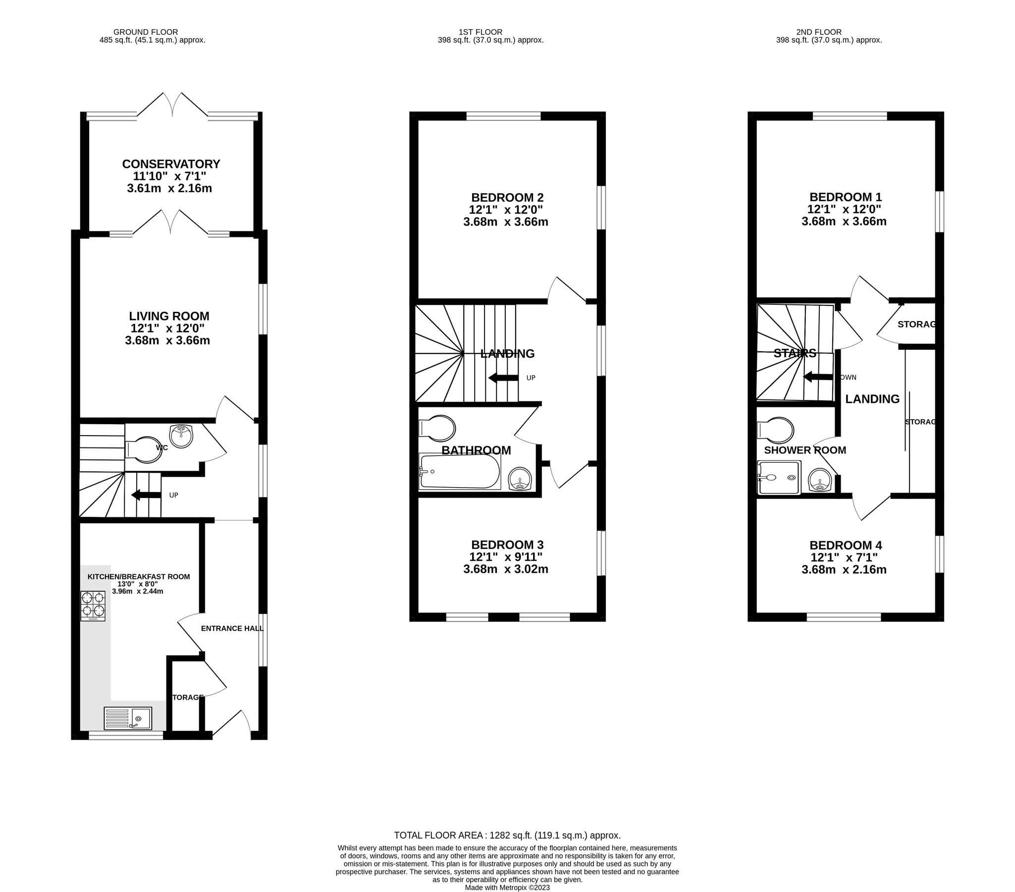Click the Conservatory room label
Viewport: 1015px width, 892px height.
[171, 165]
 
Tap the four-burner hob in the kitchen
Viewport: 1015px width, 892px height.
[93, 606]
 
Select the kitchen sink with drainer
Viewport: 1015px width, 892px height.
[128, 718]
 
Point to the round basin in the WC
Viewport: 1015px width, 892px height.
[181, 436]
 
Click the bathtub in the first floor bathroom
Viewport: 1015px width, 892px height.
[459, 471]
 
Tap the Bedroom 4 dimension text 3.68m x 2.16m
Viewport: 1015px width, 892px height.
[844, 570]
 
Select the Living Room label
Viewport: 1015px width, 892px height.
[169, 316]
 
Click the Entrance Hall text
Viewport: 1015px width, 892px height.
[232, 628]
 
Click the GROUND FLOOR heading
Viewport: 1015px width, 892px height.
[146, 32]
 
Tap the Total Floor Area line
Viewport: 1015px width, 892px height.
[507, 836]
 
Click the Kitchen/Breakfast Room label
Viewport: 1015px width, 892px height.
[139, 577]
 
